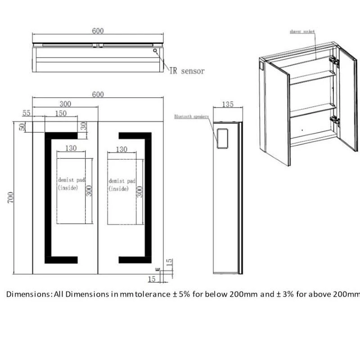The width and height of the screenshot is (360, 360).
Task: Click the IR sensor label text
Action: [187, 71]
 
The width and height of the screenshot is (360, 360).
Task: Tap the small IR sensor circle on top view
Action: [155, 51]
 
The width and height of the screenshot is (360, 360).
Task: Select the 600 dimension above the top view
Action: [98, 31]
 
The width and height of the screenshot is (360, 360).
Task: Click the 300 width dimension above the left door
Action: [65, 103]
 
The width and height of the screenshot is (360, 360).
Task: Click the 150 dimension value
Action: [61, 113]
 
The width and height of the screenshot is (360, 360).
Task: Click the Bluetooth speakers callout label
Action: [192, 117]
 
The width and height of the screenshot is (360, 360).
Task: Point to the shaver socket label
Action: [302, 32]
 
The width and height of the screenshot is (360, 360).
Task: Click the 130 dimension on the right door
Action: [121, 149]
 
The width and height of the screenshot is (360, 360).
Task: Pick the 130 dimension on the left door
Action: [71, 148]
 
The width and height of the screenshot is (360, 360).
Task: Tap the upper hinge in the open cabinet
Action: [333, 60]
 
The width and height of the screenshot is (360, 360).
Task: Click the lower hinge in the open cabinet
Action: [333, 120]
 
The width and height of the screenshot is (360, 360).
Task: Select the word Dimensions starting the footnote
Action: [27, 295]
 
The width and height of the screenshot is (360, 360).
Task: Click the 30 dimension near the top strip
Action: [83, 126]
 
